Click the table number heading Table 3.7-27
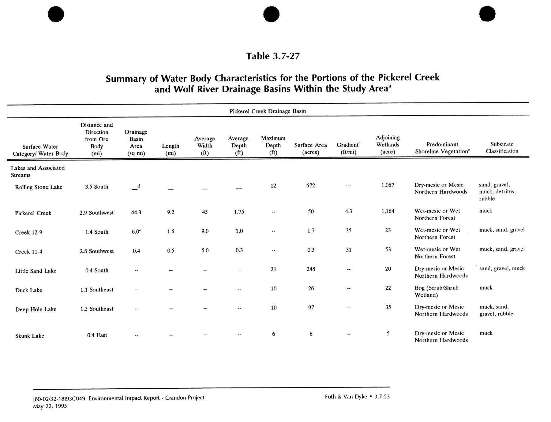[273, 56]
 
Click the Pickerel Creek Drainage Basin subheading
[268, 111]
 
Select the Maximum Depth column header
[273, 145]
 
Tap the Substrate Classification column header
[502, 147]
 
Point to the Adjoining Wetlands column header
[388, 145]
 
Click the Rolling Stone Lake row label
[39, 187]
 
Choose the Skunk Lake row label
[30, 336]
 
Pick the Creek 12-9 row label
[28, 232]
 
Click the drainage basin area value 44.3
[136, 212]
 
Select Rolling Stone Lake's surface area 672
[310, 185]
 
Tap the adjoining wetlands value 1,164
[388, 211]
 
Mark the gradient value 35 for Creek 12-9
[348, 231]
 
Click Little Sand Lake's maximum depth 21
[273, 269]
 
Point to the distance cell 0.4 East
[97, 335]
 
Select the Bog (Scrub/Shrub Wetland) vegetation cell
[437, 291]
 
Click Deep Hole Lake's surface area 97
[311, 307]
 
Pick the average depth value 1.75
[239, 212]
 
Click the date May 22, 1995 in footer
[50, 406]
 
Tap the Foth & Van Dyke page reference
[357, 397]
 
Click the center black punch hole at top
[271, 14]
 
